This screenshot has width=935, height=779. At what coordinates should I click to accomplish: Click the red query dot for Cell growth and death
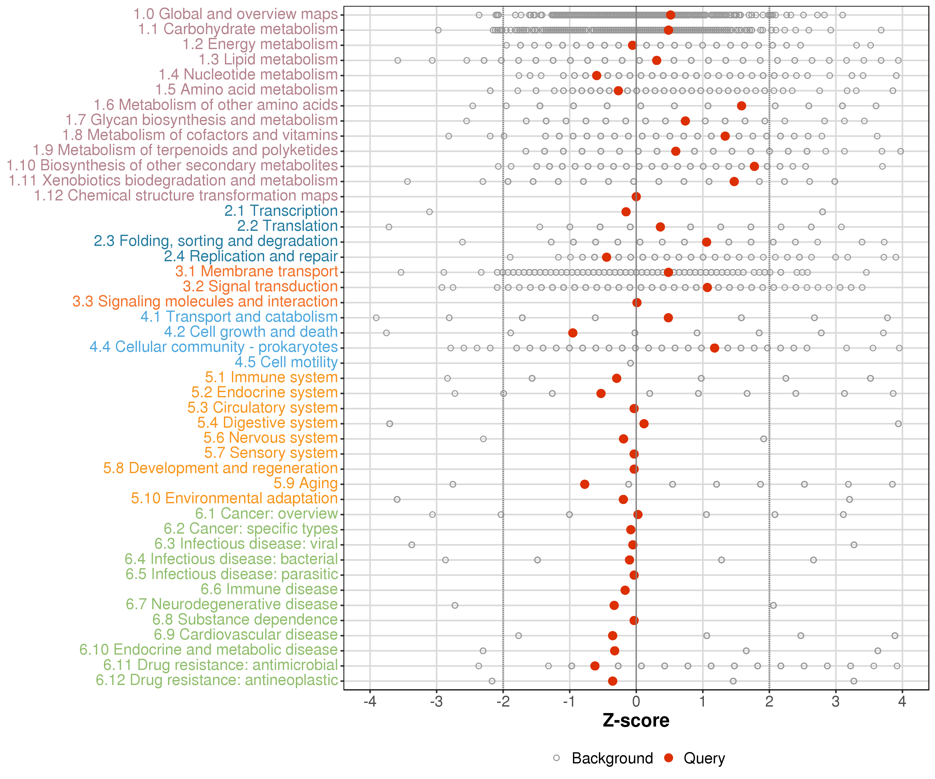[x=573, y=333]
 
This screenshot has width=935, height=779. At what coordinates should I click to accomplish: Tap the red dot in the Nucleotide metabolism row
[x=597, y=76]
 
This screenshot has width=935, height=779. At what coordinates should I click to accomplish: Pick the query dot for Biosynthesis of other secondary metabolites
[x=754, y=166]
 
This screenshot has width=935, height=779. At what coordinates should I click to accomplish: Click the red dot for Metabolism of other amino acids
[x=741, y=106]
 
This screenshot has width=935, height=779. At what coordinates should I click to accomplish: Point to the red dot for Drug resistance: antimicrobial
[x=595, y=666]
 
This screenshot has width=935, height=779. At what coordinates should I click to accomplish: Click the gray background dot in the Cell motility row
[x=630, y=363]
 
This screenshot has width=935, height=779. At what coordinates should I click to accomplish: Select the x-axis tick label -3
[x=436, y=702]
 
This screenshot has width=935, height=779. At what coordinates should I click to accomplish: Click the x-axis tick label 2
[x=769, y=702]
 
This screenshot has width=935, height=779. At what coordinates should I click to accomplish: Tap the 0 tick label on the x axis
[x=636, y=702]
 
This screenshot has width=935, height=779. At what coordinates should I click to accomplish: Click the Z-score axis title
[x=636, y=721]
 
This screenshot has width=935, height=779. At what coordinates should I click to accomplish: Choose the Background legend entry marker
[x=557, y=758]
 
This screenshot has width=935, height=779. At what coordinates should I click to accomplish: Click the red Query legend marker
[x=668, y=758]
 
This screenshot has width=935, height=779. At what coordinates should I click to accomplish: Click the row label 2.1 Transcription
[x=281, y=211]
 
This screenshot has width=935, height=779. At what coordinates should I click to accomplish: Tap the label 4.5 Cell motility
[x=286, y=362]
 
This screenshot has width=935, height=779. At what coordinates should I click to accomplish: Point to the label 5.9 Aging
[x=306, y=483]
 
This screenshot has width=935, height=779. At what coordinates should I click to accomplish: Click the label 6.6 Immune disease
[x=269, y=589]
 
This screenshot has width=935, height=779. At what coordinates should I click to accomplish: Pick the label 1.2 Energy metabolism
[x=261, y=44]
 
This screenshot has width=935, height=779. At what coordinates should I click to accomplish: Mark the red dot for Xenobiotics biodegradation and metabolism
[x=734, y=182]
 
